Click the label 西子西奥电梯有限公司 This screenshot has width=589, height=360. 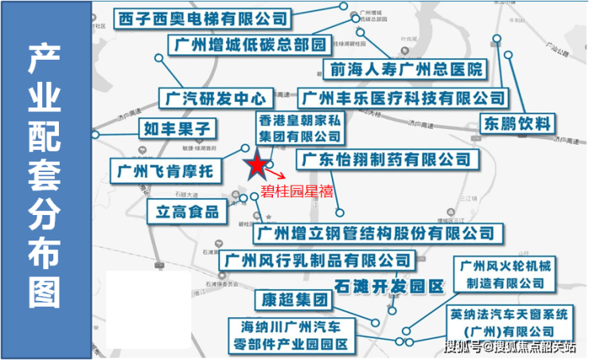pyautogui.click(x=203, y=18)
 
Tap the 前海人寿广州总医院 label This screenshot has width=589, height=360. pyautogui.click(x=404, y=69)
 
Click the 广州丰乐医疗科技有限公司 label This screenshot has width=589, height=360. pyautogui.click(x=404, y=99)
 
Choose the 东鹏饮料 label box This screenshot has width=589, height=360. pyautogui.click(x=517, y=123)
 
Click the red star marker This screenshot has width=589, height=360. pyautogui.click(x=256, y=166)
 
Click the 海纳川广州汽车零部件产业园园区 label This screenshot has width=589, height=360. pyautogui.click(x=295, y=335)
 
